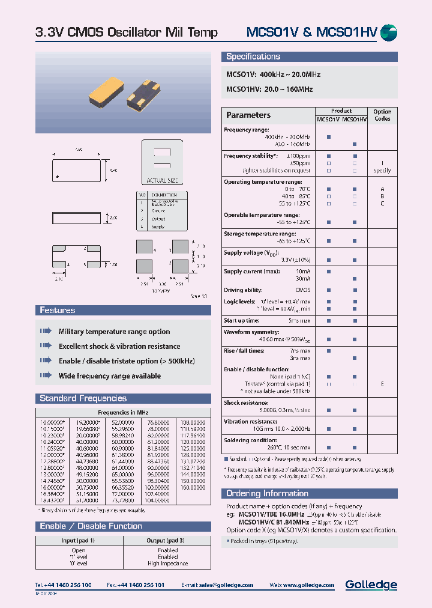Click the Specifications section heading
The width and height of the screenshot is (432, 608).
(x=253, y=57)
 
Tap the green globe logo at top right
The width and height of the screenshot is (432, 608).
(x=389, y=33)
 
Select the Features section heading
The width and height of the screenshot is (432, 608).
(x=57, y=311)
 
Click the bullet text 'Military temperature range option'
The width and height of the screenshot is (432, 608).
(x=114, y=332)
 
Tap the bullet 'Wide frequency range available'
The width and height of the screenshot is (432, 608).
(x=109, y=376)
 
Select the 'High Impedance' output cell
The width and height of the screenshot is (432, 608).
(x=167, y=564)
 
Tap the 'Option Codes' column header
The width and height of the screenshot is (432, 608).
(x=382, y=115)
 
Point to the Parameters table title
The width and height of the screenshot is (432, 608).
(x=248, y=115)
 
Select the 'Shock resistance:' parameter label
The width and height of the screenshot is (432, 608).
(x=245, y=403)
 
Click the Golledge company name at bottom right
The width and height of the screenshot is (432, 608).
(x=371, y=585)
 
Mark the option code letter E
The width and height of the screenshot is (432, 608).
(x=382, y=383)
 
